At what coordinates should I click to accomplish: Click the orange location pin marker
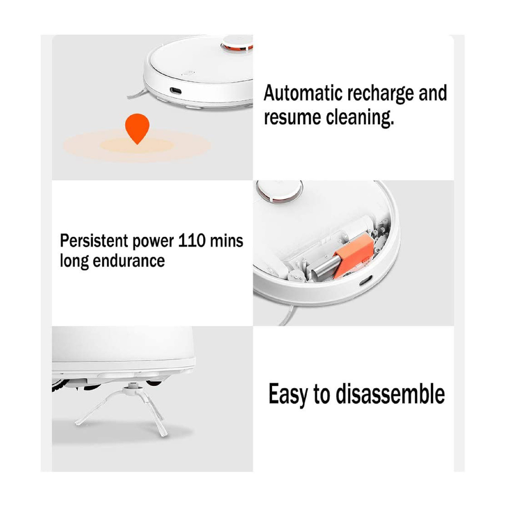pyautogui.click(x=137, y=129)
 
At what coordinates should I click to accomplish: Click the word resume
pyautogui.click(x=292, y=117)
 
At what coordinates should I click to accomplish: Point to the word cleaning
pyautogui.click(x=360, y=118)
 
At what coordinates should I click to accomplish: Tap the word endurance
pyautogui.click(x=129, y=261)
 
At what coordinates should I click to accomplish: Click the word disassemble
pyautogui.click(x=390, y=394)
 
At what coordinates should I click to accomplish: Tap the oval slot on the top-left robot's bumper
pyautogui.click(x=175, y=91)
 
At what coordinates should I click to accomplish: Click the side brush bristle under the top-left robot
pyautogui.click(x=137, y=94)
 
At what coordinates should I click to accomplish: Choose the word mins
pyautogui.click(x=226, y=240)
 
